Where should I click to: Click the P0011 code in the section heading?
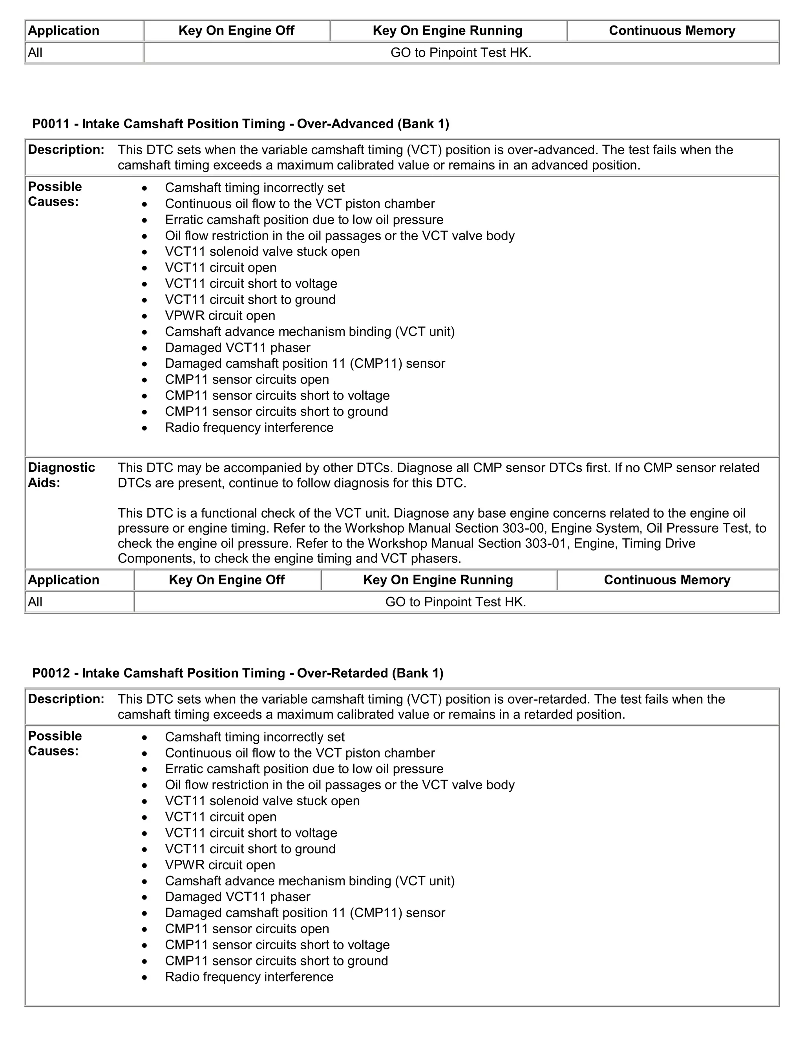point(51,124)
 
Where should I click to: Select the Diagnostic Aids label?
point(61,475)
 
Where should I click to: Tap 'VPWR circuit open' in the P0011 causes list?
point(220,316)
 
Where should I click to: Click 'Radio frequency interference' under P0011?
point(249,428)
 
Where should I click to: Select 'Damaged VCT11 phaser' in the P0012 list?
point(238,897)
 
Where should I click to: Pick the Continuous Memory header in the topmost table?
point(672,31)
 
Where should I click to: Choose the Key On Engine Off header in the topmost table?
point(236,31)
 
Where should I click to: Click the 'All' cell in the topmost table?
point(35,53)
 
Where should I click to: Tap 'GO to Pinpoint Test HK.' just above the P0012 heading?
point(455,602)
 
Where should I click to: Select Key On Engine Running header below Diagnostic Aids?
point(438,580)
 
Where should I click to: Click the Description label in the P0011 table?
point(66,150)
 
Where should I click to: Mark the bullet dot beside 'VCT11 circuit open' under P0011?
point(145,268)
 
